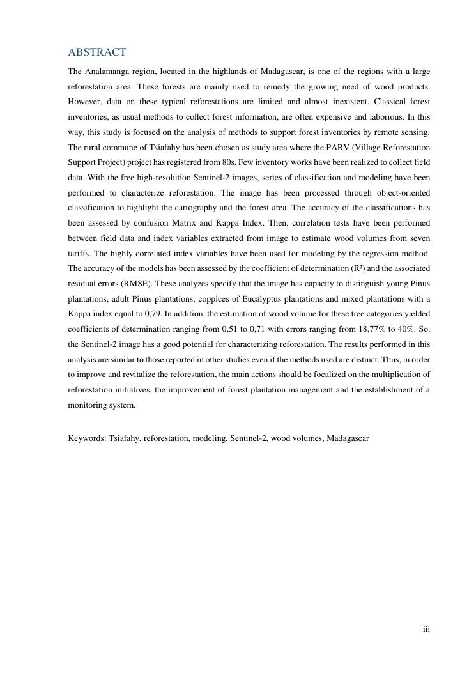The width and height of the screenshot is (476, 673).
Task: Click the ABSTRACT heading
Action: pyautogui.click(x=97, y=52)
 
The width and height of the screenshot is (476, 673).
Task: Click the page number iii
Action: pyautogui.click(x=426, y=630)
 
